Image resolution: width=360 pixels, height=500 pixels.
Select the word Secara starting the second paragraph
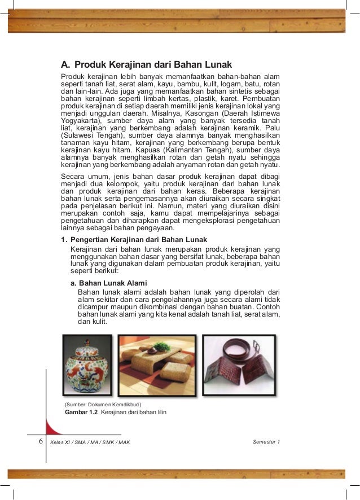tap(74, 177)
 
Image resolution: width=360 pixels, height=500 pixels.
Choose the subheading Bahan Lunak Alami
tap(113, 282)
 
